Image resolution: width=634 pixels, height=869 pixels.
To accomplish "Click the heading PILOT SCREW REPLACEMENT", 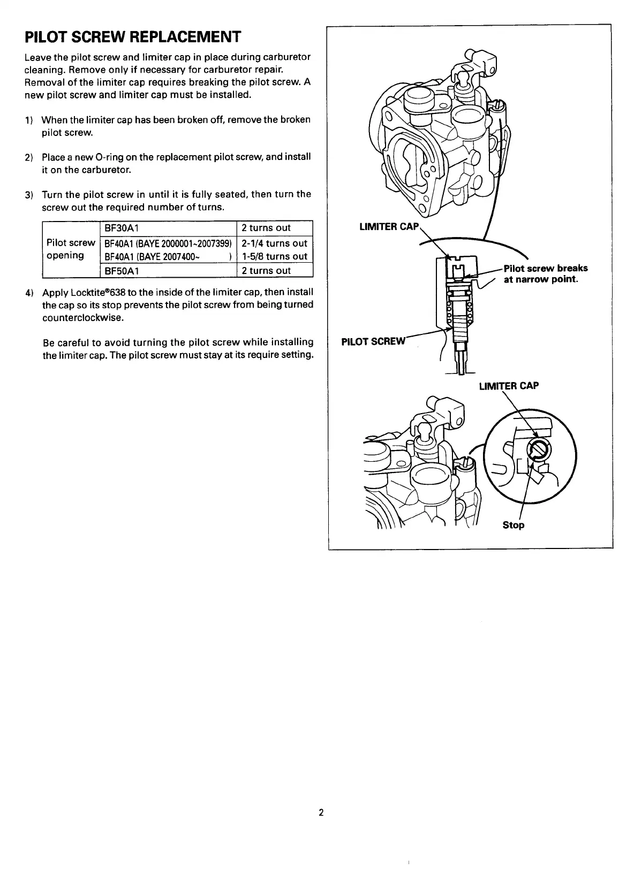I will click(133, 37).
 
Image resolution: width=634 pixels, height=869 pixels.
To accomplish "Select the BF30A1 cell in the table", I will click(122, 228).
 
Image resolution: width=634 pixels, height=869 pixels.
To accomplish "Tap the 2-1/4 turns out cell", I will click(274, 243).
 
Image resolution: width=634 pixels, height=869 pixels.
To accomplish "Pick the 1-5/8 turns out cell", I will click(274, 256).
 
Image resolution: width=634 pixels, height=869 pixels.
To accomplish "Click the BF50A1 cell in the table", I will click(122, 270).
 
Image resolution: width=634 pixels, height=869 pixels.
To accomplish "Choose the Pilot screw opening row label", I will click(70, 249).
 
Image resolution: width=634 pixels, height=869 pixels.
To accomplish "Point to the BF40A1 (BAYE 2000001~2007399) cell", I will click(168, 243).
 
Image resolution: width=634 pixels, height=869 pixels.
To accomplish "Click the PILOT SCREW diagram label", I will click(374, 341).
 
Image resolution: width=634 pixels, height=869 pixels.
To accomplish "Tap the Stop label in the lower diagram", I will click(514, 525).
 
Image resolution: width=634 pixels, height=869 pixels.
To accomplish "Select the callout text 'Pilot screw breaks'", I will click(545, 268).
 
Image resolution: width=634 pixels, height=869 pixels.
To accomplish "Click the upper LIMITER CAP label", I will click(388, 226).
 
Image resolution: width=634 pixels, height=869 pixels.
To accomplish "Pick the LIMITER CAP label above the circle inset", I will click(509, 385).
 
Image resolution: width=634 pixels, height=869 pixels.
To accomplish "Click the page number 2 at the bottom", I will click(321, 812).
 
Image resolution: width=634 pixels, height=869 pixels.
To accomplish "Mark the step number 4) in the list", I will click(29, 293).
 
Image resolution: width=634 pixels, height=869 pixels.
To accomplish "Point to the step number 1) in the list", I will click(29, 119).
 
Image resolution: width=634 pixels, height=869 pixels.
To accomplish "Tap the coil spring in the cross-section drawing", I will click(471, 313).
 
